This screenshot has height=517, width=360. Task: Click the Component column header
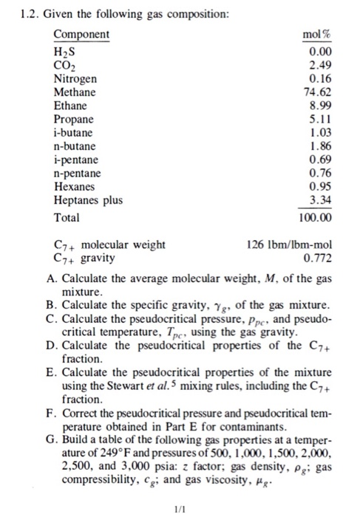click(x=81, y=35)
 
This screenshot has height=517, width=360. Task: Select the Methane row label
click(x=74, y=92)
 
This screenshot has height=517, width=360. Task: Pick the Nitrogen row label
click(x=75, y=78)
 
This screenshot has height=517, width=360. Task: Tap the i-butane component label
click(x=73, y=133)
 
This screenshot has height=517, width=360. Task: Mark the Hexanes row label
click(x=74, y=188)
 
